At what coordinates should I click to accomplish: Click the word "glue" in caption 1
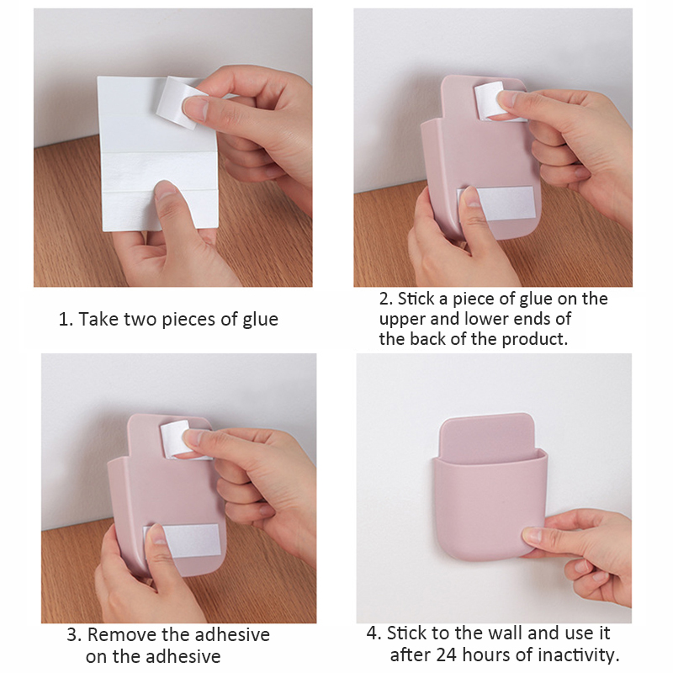point(260,321)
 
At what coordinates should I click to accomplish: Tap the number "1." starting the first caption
point(66,320)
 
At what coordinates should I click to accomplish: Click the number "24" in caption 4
point(447,655)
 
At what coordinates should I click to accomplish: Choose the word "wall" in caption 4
point(506,633)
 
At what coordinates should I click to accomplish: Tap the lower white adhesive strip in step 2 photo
point(500,204)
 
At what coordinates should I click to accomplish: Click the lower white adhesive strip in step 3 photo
point(185,540)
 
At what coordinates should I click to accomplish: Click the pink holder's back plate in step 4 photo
point(487,437)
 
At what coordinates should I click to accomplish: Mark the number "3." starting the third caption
point(75,635)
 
